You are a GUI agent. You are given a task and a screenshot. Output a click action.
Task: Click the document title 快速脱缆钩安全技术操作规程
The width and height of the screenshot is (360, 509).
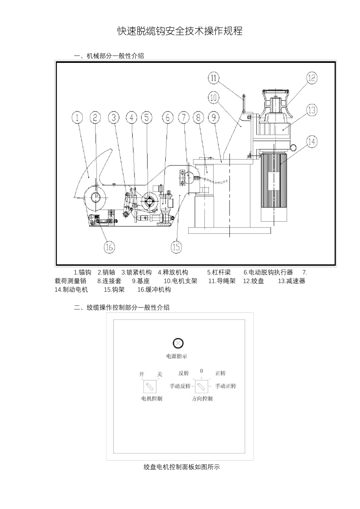(180, 31)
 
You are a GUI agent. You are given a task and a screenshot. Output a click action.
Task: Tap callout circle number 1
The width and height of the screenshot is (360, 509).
(77, 117)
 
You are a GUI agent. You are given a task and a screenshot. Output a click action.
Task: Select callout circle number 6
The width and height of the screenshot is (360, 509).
(167, 117)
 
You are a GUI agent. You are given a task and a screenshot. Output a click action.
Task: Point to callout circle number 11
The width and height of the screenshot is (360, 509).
(214, 78)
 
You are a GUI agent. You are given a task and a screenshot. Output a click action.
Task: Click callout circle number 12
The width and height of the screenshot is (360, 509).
(311, 78)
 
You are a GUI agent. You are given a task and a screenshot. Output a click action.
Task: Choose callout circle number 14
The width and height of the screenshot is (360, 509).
(311, 142)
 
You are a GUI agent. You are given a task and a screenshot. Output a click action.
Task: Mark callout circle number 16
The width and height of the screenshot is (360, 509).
(109, 247)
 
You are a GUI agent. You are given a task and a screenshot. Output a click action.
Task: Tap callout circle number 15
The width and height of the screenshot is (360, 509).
(177, 247)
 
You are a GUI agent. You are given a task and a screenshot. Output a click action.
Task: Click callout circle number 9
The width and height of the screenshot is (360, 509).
(214, 117)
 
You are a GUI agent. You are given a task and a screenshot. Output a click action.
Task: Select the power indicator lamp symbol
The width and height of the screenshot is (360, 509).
(178, 343)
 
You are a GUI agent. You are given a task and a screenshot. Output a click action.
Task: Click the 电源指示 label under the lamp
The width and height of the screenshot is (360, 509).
(177, 356)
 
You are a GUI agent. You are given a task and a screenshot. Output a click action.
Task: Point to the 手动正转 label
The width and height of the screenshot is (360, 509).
(226, 386)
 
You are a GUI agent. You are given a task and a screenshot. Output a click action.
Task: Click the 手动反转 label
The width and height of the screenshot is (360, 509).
(180, 386)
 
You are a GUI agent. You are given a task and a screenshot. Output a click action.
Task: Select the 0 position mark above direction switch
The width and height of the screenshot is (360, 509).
(202, 371)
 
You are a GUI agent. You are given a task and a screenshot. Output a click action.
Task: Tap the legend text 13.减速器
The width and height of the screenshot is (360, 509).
(291, 281)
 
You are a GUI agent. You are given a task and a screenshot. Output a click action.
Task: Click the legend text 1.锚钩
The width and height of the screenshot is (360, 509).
(82, 272)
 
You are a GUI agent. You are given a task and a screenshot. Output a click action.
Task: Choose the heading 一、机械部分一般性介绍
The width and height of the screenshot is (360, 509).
(109, 56)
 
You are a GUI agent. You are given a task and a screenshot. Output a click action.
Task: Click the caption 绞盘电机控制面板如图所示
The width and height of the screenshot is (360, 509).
(182, 467)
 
